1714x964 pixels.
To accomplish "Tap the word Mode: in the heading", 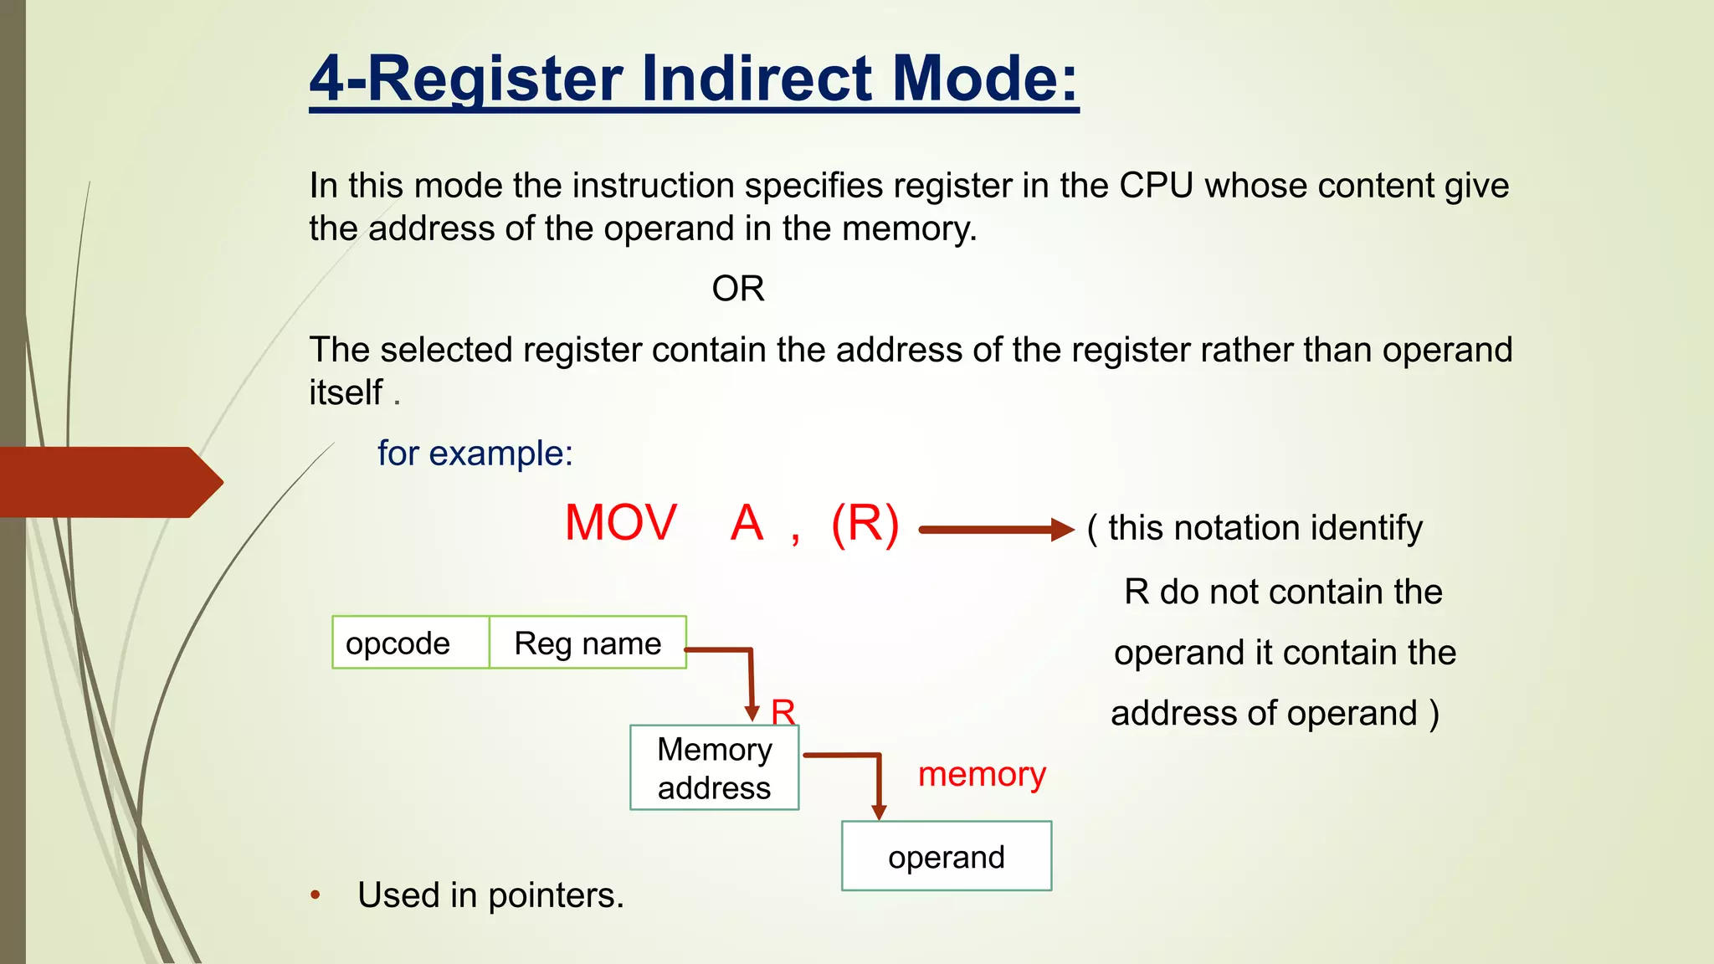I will [984, 79].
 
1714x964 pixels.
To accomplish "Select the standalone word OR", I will [737, 289].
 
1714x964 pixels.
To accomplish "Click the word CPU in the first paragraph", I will [1156, 186].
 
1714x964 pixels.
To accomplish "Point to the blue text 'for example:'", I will [475, 454].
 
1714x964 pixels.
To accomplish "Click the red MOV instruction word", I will [620, 524].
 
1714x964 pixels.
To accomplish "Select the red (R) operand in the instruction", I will [865, 524].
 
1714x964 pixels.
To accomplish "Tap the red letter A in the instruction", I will [747, 524].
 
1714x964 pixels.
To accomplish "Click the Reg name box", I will [588, 643].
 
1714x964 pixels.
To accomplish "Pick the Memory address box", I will [714, 768].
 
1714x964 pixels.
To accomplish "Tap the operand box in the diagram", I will [946, 857].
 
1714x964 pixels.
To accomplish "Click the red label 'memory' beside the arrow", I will [982, 774].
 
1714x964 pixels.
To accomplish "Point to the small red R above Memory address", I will [783, 712].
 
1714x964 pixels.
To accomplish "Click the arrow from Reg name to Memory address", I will [751, 678].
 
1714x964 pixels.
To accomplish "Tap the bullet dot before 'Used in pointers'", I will [316, 895].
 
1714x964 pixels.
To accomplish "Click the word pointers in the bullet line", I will [556, 895].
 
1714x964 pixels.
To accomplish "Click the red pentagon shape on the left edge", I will [109, 482].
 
